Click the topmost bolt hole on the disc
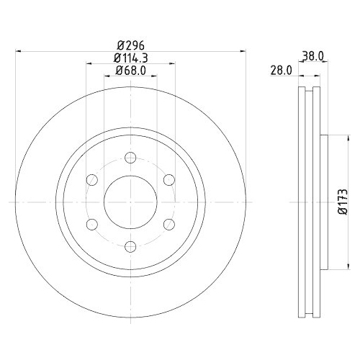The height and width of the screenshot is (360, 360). (x=130, y=158)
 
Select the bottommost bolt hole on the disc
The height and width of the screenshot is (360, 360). (x=130, y=247)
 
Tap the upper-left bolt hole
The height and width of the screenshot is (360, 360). (x=92, y=181)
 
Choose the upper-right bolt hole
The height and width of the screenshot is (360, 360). (x=168, y=181)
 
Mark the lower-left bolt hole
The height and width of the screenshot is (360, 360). (x=92, y=225)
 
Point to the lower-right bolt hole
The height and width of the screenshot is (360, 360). (x=168, y=225)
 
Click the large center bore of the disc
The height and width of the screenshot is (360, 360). (x=130, y=202)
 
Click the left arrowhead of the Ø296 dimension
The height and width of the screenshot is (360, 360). (x=19, y=50)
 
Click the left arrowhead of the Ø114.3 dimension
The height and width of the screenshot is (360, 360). (x=89, y=63)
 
